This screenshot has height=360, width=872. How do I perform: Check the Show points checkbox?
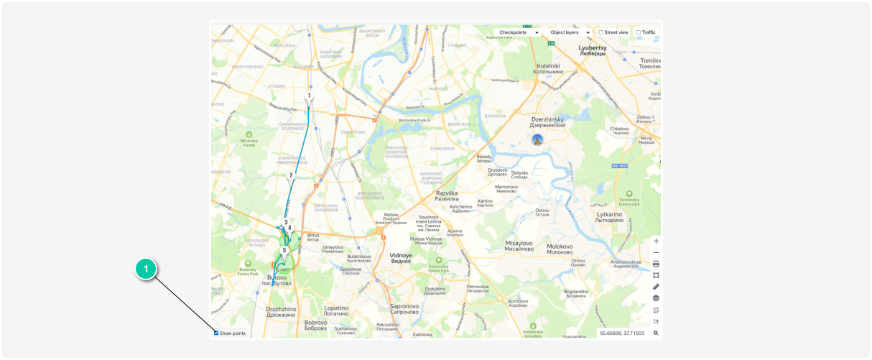point(216,333)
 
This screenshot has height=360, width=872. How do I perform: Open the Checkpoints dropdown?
point(518,32)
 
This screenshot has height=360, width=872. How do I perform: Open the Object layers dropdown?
point(570,32)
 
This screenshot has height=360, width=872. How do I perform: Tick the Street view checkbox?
point(601,32)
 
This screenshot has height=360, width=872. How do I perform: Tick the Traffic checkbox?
point(639,32)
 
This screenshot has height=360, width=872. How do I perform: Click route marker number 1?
point(309,96)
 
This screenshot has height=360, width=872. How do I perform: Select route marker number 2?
point(291,175)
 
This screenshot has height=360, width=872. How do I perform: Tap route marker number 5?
point(284,251)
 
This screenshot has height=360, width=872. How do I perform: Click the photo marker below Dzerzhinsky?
point(537,139)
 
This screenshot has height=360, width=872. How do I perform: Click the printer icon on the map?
point(656,264)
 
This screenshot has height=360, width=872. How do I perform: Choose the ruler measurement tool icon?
point(656,287)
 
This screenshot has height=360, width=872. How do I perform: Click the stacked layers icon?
point(656,298)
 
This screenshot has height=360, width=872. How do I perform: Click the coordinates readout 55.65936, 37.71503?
point(622,333)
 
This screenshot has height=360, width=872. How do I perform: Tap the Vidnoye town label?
point(400,257)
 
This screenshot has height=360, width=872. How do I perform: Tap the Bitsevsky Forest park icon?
point(249,134)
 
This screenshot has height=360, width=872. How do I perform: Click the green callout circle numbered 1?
point(147,269)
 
